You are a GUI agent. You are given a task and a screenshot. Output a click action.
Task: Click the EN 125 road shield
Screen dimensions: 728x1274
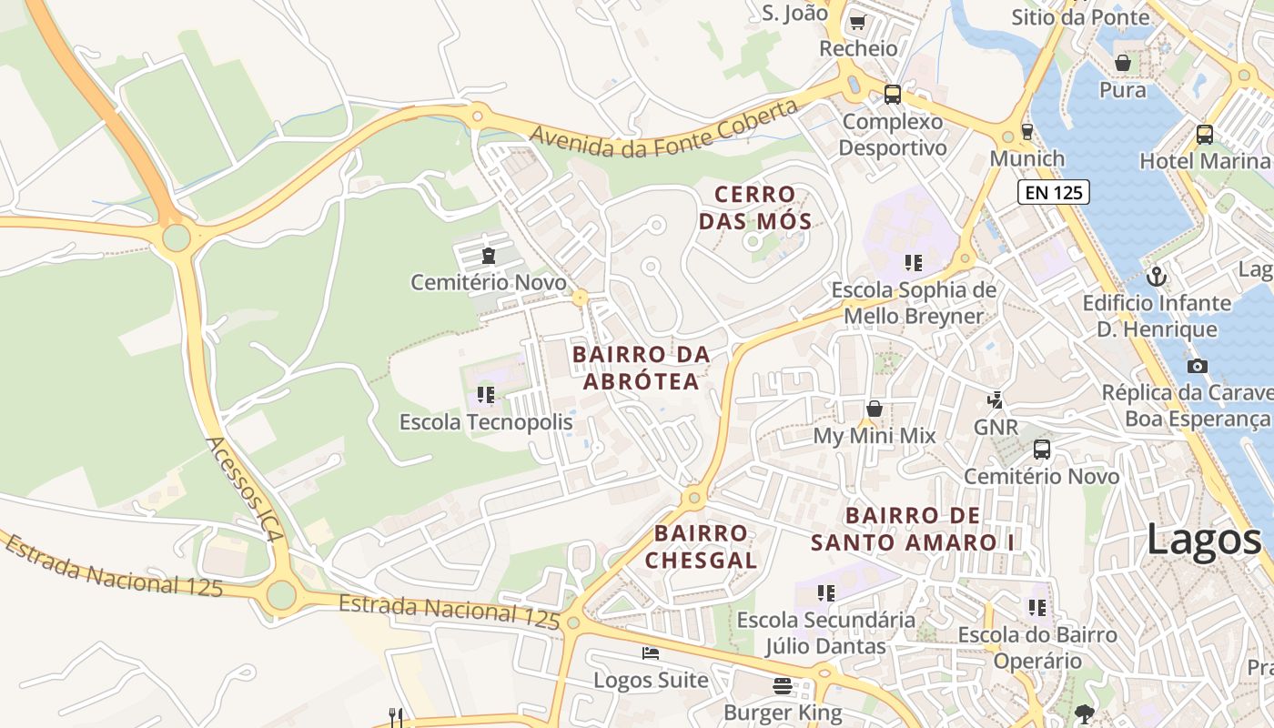(1053, 192)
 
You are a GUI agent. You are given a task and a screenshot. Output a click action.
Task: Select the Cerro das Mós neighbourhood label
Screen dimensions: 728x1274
(754, 207)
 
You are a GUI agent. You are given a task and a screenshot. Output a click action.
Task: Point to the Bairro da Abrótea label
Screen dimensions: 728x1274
(641, 368)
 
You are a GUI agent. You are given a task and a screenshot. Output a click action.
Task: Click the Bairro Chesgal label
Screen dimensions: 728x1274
(701, 546)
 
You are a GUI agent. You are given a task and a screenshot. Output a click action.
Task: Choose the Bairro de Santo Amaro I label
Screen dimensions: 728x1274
(913, 529)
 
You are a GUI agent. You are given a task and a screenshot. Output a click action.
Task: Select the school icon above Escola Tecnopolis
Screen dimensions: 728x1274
(486, 395)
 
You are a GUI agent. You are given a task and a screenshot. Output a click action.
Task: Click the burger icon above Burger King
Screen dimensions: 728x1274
(783, 685)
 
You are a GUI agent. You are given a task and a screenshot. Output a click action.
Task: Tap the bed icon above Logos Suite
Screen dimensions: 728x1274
(651, 653)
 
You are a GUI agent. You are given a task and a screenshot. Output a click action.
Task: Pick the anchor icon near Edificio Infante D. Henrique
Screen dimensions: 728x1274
(1157, 276)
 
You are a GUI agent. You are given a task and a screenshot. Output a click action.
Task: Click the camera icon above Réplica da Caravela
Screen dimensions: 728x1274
(1198, 366)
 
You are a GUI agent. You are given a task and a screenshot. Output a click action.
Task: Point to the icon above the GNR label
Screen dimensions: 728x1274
(996, 399)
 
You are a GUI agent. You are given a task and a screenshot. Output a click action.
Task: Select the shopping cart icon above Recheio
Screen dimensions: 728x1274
(857, 22)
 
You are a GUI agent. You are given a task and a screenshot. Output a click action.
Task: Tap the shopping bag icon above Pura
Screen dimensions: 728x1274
(1123, 63)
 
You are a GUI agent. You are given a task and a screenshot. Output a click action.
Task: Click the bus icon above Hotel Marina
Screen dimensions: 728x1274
(1205, 135)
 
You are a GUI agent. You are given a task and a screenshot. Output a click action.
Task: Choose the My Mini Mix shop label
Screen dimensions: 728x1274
(874, 436)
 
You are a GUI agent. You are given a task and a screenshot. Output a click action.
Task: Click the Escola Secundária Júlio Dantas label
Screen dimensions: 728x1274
(825, 632)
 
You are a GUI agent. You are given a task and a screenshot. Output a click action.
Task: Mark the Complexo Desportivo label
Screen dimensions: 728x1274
(892, 134)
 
